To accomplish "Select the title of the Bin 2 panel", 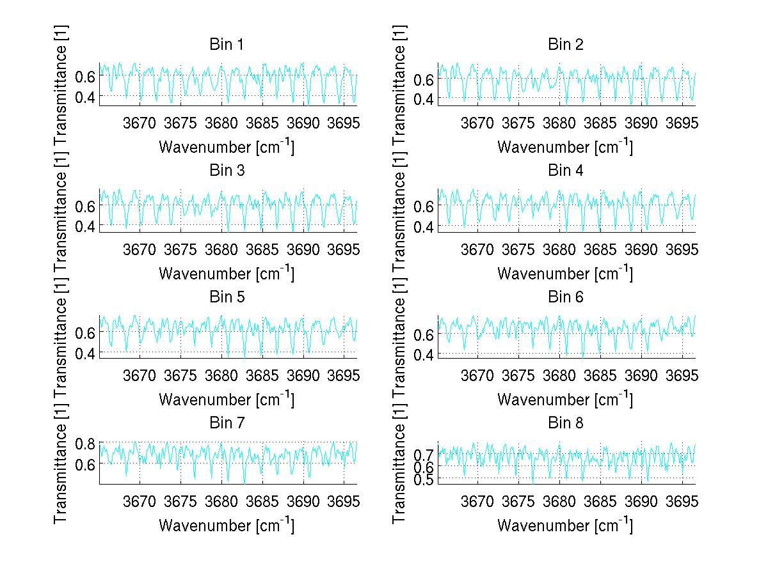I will pyautogui.click(x=565, y=45).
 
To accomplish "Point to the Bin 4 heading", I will pyautogui.click(x=565, y=171).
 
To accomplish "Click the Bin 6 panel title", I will pyautogui.click(x=565, y=297).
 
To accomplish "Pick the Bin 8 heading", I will pyautogui.click(x=565, y=423).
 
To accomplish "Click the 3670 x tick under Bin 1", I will pyautogui.click(x=140, y=122).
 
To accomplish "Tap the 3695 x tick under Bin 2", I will pyautogui.click(x=682, y=122).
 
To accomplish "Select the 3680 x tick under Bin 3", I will pyautogui.click(x=221, y=248).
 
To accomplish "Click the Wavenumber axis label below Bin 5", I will pyautogui.click(x=226, y=400).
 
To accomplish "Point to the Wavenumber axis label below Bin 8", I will pyautogui.click(x=565, y=525).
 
